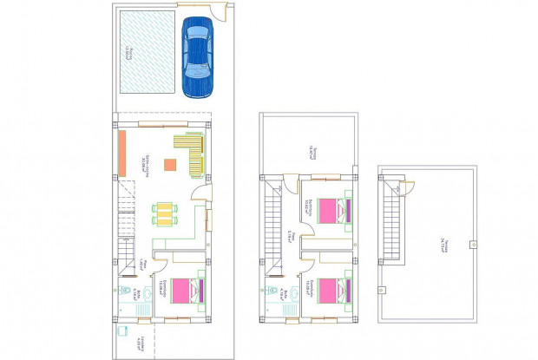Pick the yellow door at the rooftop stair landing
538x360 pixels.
point(399,186)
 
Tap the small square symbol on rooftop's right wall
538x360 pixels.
point(474,245)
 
